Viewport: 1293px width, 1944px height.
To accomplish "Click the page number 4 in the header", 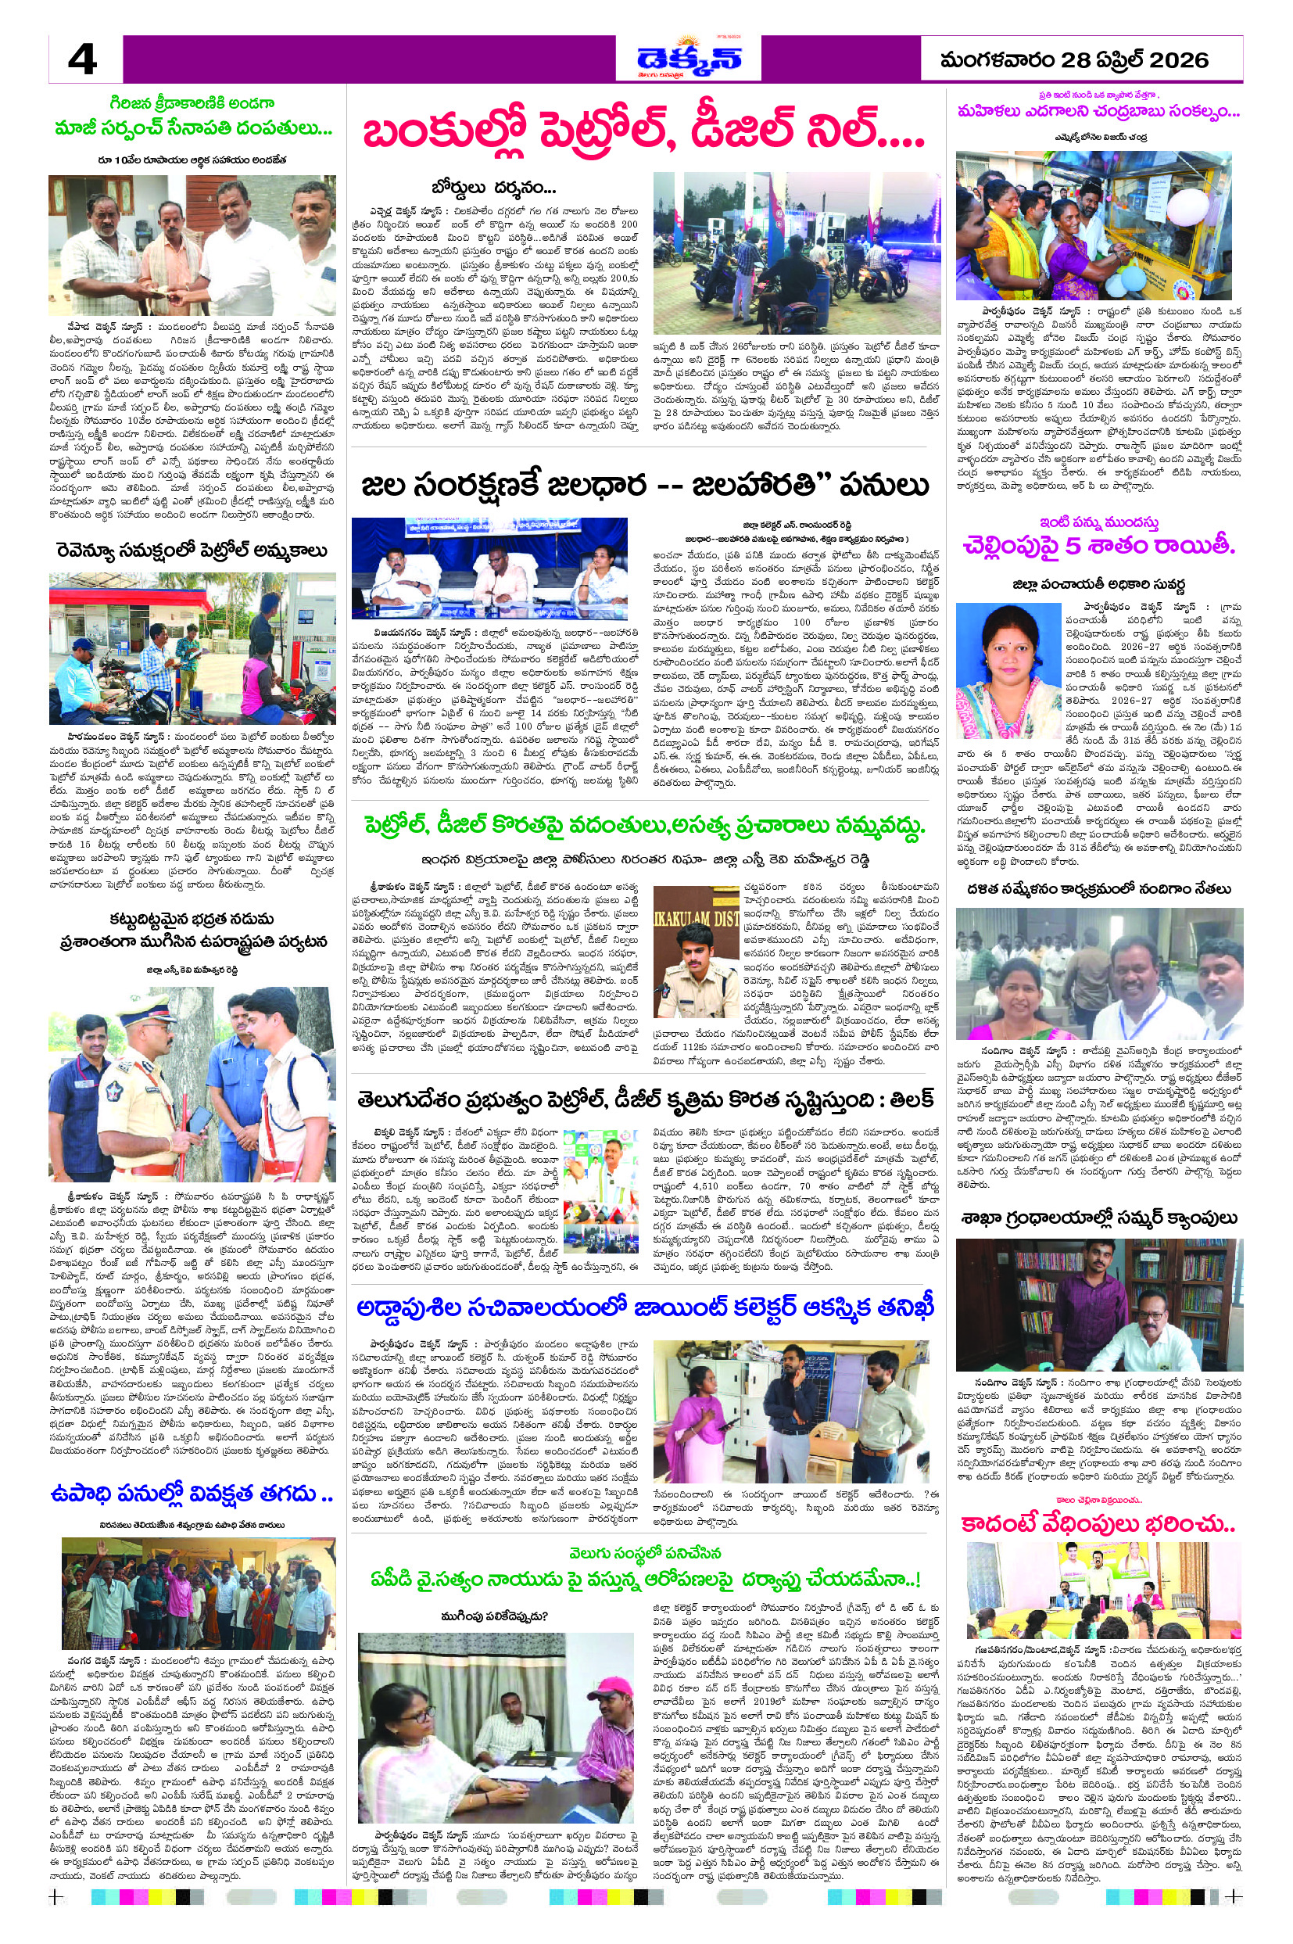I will (82, 60).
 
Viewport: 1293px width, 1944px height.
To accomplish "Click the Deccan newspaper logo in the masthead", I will (689, 59).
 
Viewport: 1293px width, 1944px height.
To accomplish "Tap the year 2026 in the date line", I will (1178, 60).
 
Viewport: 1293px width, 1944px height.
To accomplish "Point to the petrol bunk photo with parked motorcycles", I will (796, 253).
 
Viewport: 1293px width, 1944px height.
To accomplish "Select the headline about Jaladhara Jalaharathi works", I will (644, 485).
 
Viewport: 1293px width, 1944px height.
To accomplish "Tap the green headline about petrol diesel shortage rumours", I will (644, 827).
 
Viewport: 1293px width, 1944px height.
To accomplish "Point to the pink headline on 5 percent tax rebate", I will (1099, 545).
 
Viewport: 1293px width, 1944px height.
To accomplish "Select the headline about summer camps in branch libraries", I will (1099, 1218).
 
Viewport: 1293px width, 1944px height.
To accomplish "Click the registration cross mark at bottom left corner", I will (56, 1920).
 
